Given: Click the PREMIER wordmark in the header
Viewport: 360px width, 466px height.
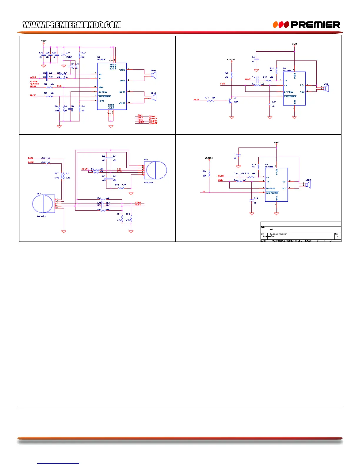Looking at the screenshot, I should click(315, 25).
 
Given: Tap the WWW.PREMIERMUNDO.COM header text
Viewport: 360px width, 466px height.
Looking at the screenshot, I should click(72, 25).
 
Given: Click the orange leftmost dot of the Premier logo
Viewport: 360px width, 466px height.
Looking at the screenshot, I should click(275, 25).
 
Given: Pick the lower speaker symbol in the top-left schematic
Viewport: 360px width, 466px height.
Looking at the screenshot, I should click(153, 97).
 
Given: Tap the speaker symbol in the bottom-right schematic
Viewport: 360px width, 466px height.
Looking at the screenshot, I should click(308, 184).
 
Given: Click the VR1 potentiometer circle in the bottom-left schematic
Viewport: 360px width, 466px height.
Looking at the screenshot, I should click(156, 170).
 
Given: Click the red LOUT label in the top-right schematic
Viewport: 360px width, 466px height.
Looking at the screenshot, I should click(248, 79).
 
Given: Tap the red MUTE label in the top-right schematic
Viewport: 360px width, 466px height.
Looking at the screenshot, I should click(196, 100).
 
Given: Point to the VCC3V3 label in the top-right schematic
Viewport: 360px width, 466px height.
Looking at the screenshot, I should click(231, 59).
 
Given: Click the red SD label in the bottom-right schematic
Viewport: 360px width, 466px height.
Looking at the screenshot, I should click(204, 192).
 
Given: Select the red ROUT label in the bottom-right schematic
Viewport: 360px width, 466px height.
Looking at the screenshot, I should click(221, 176).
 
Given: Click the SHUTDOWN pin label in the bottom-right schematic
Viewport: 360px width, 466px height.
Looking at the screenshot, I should click(272, 193).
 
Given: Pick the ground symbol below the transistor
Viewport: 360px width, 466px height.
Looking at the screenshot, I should click(231, 117).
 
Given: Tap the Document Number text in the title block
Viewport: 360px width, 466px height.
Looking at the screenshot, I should click(278, 234).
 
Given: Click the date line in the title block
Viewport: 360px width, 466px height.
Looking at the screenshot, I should click(287, 241).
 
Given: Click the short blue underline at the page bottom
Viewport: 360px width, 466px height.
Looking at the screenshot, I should click(58, 464).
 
